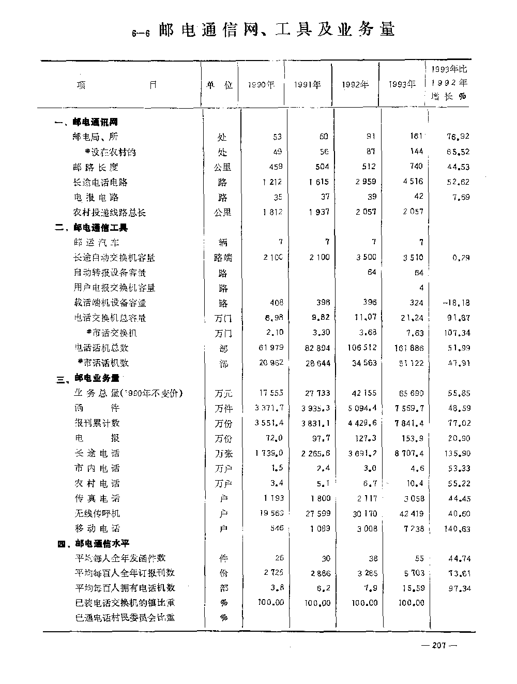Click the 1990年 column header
pyautogui.click(x=261, y=85)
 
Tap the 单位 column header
pyautogui.click(x=220, y=85)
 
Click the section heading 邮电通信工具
pyautogui.click(x=101, y=228)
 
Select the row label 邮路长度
pyautogui.click(x=96, y=167)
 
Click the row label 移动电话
pyautogui.click(x=97, y=528)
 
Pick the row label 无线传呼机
pyautogui.click(x=97, y=513)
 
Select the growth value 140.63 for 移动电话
pyautogui.click(x=457, y=529)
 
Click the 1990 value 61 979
pyautogui.click(x=271, y=348)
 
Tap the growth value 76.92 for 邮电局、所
pyautogui.click(x=458, y=137)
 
